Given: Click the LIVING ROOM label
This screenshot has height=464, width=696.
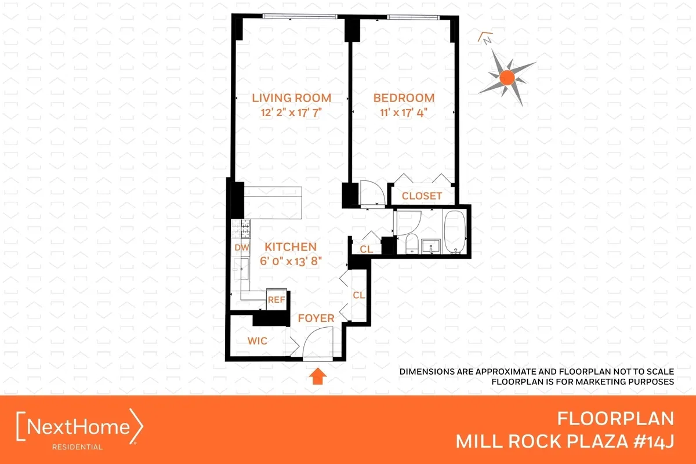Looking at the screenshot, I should pos(291,97).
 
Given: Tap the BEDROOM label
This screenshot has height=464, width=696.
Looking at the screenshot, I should pos(403,97).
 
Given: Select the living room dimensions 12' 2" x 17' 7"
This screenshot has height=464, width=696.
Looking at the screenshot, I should pos(291,113).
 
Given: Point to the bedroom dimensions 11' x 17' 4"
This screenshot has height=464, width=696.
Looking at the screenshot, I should pos(404,113).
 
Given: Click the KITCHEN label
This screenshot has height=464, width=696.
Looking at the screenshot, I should pos(280,246).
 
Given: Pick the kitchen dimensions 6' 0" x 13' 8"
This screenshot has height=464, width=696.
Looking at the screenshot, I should pos(282,262).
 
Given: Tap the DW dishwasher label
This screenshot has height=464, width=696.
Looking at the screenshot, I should pos(241,248).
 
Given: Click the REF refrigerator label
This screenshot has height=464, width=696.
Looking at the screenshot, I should pos(276,300).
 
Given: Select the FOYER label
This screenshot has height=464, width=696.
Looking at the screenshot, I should pos(316,318).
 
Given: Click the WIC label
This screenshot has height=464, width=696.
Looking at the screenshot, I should pos(258,341).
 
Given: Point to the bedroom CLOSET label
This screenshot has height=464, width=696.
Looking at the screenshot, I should pos(422,196).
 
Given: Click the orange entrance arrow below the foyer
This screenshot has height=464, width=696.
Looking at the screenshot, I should pos(316,378).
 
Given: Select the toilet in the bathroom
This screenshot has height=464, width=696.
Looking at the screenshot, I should pos(411,244).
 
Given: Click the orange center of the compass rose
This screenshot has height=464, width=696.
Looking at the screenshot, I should pos(507,77).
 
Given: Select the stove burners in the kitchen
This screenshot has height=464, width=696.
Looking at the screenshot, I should pos(242,229).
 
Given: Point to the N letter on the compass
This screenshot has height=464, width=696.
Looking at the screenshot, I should pos(488,40).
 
